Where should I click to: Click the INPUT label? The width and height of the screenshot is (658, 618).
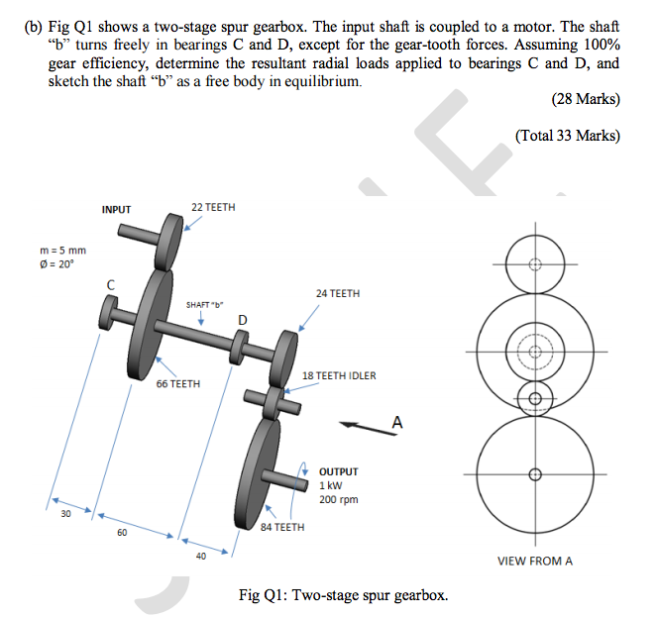[116, 209]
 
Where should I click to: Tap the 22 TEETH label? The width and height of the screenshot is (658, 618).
[213, 207]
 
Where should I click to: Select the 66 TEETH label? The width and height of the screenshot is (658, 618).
[177, 383]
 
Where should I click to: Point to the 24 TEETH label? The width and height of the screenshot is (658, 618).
[338, 294]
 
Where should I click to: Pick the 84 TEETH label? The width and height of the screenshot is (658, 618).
[282, 527]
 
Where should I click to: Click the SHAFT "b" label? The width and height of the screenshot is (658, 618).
[205, 303]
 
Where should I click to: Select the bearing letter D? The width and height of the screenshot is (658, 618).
[242, 319]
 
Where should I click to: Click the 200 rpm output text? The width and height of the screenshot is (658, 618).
[338, 499]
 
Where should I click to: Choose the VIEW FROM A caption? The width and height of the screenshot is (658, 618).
[534, 561]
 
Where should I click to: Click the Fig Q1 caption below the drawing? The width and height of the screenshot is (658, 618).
[343, 595]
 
